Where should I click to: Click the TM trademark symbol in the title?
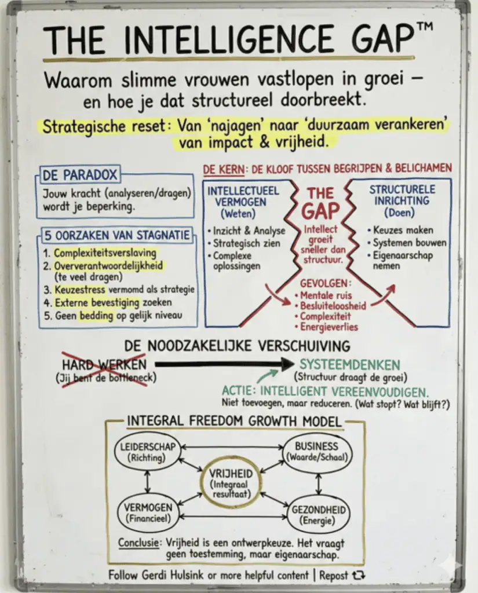pyautogui.click(x=425, y=27)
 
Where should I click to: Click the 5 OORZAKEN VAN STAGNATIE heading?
pyautogui.click(x=116, y=235)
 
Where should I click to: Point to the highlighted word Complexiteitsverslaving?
pyautogui.click(x=105, y=252)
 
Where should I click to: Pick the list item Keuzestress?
pyautogui.click(x=80, y=290)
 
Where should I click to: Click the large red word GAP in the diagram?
pyautogui.click(x=320, y=211)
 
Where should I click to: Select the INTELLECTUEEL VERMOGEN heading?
pyautogui.click(x=243, y=196)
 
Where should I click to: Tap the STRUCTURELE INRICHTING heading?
pyautogui.click(x=402, y=195)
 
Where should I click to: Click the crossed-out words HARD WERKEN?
pyautogui.click(x=104, y=365)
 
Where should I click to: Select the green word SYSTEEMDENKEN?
pyautogui.click(x=350, y=365)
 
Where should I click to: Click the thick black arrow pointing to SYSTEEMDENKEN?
pyautogui.click(x=224, y=364)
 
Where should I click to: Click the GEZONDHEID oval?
pyautogui.click(x=319, y=515)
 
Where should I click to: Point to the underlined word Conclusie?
pyautogui.click(x=138, y=543)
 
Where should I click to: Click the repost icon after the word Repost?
pyautogui.click(x=359, y=575)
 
